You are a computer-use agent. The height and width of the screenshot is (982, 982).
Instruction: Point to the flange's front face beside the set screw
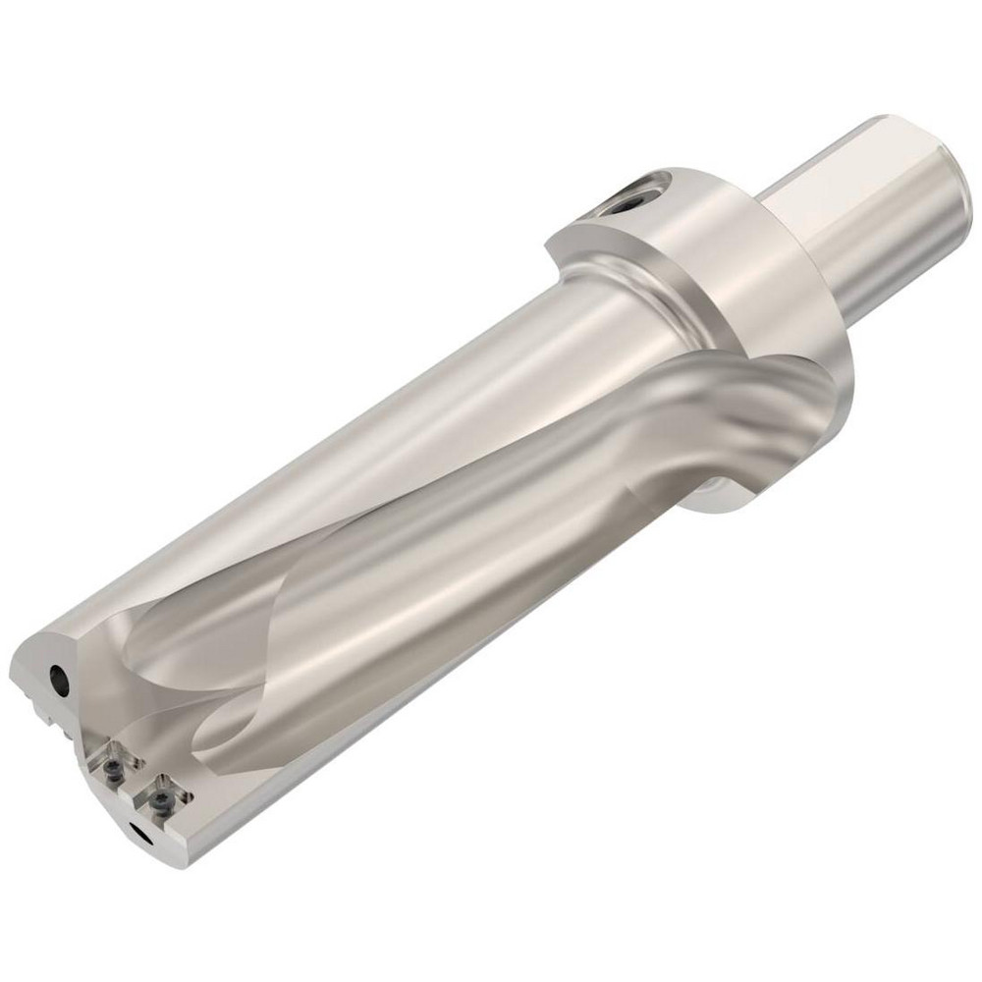point(589,236)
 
